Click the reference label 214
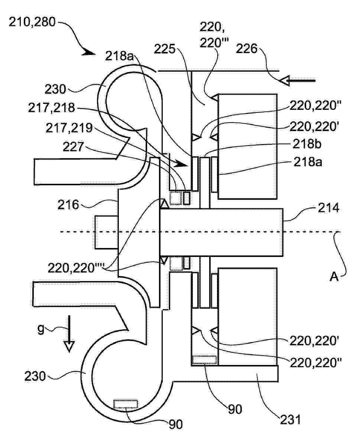point(328,208)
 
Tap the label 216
point(68,205)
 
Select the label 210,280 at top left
point(32,22)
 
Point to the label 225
point(165,49)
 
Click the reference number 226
point(247,49)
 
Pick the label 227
point(73,147)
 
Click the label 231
point(290,420)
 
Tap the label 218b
point(307,144)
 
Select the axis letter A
point(334,277)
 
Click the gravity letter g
point(41,329)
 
